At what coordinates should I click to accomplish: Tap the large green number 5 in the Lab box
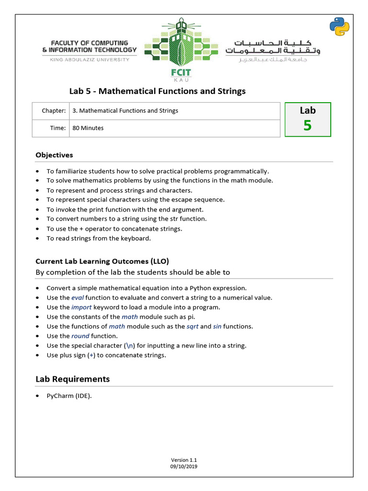click(307, 125)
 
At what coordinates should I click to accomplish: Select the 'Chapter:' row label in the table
click(53, 111)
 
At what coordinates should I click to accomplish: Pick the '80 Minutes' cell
click(88, 128)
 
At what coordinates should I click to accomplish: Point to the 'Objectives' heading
click(54, 155)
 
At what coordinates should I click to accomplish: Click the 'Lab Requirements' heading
click(72, 379)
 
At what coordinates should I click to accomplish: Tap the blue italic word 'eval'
click(77, 298)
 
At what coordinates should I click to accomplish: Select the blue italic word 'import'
click(81, 307)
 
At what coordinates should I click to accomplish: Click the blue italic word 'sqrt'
click(192, 327)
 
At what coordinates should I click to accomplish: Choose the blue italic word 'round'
click(80, 336)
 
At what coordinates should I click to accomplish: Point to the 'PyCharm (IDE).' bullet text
click(69, 396)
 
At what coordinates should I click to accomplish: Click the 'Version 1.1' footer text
click(184, 460)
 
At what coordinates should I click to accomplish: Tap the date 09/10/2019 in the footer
click(184, 466)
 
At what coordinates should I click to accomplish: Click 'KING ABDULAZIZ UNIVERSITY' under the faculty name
click(89, 59)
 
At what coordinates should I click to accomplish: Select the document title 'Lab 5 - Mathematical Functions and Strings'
click(158, 91)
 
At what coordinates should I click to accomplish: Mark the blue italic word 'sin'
click(218, 327)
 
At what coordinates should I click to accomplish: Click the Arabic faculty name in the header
click(273, 47)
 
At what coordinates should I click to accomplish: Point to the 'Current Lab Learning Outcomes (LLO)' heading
click(102, 261)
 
